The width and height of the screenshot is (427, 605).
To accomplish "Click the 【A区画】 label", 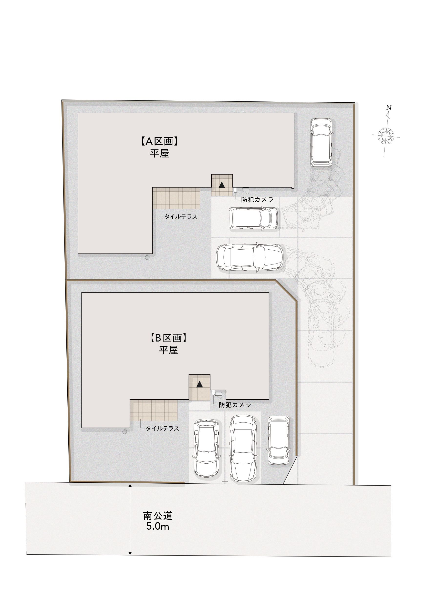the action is click(x=159, y=141).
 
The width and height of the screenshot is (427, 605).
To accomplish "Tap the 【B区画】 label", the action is click(x=168, y=338).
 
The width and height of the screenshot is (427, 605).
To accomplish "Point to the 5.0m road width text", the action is click(x=157, y=527).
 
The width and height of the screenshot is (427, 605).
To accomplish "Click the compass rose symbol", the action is click(x=386, y=136).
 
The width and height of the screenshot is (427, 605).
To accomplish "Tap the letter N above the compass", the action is click(x=388, y=107).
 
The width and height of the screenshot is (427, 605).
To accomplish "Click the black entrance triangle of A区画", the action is click(x=222, y=185).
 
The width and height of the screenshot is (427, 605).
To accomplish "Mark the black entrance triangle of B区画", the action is click(x=199, y=384).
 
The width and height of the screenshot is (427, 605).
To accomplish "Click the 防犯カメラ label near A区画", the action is click(x=257, y=200).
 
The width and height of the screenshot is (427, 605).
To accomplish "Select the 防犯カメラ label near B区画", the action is click(x=235, y=405).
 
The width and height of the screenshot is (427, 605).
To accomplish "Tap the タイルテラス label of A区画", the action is click(x=181, y=217).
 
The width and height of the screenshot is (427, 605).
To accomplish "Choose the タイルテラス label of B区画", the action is click(x=163, y=429).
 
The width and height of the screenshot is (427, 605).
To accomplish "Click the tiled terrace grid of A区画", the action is click(x=176, y=198).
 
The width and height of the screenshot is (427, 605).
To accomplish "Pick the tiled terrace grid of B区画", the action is click(x=154, y=410).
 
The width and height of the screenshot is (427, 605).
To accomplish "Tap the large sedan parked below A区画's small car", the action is click(x=250, y=257).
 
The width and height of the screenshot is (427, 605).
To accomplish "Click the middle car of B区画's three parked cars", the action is click(x=243, y=449).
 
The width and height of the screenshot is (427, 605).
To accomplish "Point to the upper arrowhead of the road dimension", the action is click(x=130, y=485).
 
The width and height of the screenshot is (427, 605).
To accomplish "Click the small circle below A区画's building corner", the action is click(x=147, y=257).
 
